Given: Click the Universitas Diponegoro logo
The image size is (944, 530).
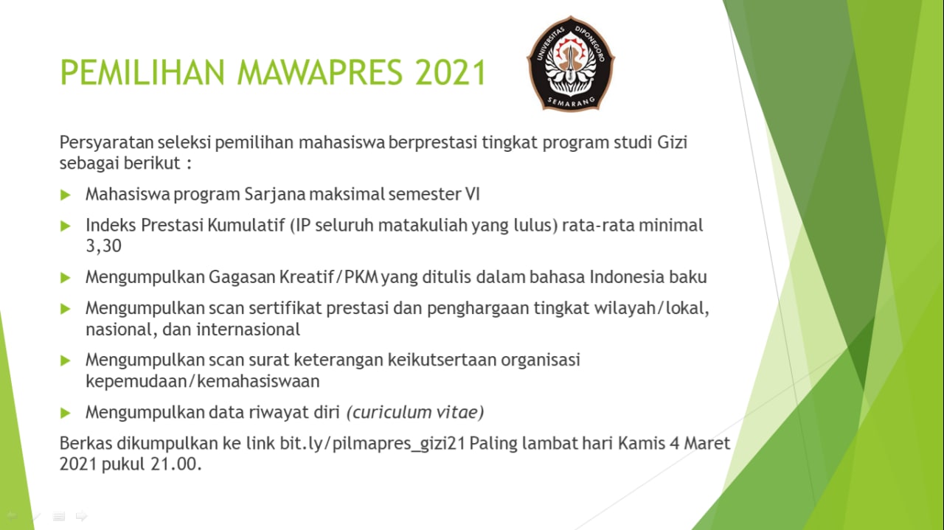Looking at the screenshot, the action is [x=571, y=63].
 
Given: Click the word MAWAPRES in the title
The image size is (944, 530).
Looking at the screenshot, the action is [x=319, y=72].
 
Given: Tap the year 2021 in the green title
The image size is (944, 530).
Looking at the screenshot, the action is [x=451, y=72].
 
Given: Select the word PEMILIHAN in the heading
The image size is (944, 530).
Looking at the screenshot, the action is [x=142, y=72].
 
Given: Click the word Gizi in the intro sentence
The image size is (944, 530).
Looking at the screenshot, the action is [x=672, y=142].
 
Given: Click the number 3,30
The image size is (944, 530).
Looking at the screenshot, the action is [x=104, y=245].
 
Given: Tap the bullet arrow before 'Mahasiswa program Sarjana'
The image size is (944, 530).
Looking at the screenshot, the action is [x=66, y=195].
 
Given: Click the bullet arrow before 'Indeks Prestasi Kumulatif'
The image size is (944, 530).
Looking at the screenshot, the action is [x=66, y=226].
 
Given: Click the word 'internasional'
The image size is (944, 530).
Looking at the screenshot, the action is [x=249, y=329].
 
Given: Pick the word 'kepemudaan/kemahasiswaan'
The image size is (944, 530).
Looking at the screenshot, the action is [x=203, y=381].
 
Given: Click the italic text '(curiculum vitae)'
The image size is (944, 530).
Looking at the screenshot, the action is [x=415, y=413].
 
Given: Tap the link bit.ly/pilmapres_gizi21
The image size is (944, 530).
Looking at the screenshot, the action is [x=372, y=444].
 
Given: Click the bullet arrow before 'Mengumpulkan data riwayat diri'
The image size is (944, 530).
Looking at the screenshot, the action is [x=66, y=413].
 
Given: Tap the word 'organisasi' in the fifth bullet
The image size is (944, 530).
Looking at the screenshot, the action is [x=541, y=360].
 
